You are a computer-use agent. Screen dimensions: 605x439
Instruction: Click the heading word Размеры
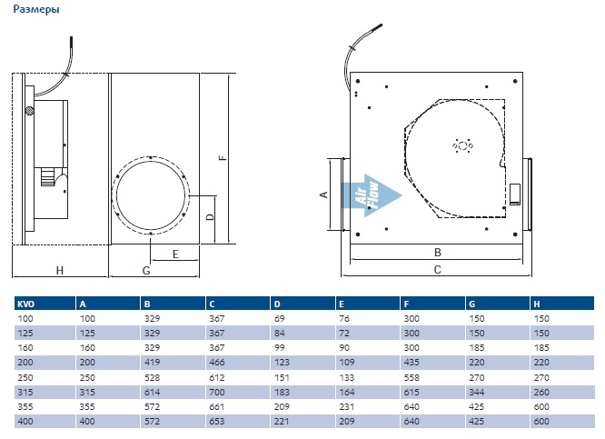pyautogui.click(x=36, y=9)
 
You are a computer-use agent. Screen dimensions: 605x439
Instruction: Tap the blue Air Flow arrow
pyautogui.click(x=372, y=195)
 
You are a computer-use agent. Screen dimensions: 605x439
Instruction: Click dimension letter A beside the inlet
pyautogui.click(x=324, y=195)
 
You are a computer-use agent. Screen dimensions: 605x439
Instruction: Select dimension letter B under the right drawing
pyautogui.click(x=437, y=253)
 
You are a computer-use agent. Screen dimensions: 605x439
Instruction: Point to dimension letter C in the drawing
pyautogui.click(x=437, y=270)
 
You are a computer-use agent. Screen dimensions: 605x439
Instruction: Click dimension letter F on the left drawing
pyautogui.click(x=223, y=157)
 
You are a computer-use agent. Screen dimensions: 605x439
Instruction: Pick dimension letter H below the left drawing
pyautogui.click(x=59, y=270)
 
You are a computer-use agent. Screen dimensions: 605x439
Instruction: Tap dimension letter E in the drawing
pyautogui.click(x=175, y=254)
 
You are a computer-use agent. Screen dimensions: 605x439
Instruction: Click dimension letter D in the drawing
pyautogui.click(x=210, y=217)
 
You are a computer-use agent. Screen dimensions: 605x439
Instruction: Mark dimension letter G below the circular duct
pyautogui.click(x=146, y=271)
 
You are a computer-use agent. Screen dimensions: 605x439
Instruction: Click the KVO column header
pyautogui.click(x=26, y=304)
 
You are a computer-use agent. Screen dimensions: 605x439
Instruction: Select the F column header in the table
pyautogui.click(x=406, y=304)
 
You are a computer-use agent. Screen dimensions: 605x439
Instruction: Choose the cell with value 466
pyautogui.click(x=217, y=363)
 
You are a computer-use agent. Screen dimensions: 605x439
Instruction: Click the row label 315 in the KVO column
pyautogui.click(x=25, y=393)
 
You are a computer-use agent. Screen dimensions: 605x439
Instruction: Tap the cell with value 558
pyautogui.click(x=412, y=377)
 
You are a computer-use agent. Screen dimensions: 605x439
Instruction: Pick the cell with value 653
pyautogui.click(x=217, y=422)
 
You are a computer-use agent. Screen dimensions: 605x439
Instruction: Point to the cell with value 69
pyautogui.click(x=280, y=319)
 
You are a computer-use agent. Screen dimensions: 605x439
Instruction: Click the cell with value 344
pyautogui.click(x=477, y=393)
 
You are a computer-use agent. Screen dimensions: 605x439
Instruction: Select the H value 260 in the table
pyautogui.click(x=541, y=393)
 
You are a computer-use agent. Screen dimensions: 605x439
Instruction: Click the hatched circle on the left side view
pyautogui.click(x=30, y=110)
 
